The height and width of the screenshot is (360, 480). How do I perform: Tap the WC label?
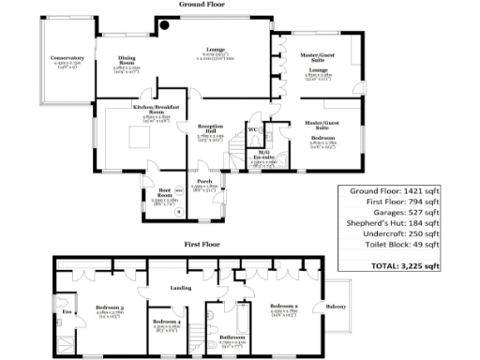click(253, 128)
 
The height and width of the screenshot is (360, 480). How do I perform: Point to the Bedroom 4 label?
click(166, 321)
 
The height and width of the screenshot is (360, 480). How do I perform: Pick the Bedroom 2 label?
click(284, 306)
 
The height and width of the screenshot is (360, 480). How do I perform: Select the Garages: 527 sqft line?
click(394, 211)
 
